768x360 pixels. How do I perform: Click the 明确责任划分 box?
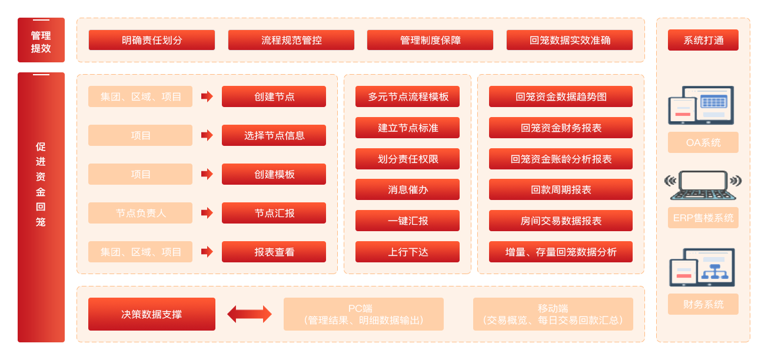pos(152,40)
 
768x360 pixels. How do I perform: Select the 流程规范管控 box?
pos(291,40)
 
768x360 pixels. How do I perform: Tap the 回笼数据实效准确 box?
pos(570,40)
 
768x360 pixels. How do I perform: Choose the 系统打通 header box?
pos(703,40)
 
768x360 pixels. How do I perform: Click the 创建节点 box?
pos(274,96)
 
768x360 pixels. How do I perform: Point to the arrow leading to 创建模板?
pos(207,174)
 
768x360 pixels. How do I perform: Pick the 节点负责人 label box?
pos(140,213)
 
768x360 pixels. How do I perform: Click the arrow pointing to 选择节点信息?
pos(207,135)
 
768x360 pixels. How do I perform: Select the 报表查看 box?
pos(274,252)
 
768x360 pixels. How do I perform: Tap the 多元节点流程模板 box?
pos(407,96)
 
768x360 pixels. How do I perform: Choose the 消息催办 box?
pos(407,189)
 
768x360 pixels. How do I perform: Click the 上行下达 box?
pos(407,252)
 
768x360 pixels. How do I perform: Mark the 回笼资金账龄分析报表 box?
pos(560,159)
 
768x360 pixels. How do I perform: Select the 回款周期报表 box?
pos(560,189)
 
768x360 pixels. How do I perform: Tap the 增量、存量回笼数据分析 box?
pos(560,252)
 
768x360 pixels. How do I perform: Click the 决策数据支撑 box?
pos(152,314)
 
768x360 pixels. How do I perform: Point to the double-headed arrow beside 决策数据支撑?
pos(250,314)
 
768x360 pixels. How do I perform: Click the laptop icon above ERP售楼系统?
pos(703,185)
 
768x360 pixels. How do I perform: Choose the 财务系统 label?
pos(703,304)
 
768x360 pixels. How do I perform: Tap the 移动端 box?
pos(553,314)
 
